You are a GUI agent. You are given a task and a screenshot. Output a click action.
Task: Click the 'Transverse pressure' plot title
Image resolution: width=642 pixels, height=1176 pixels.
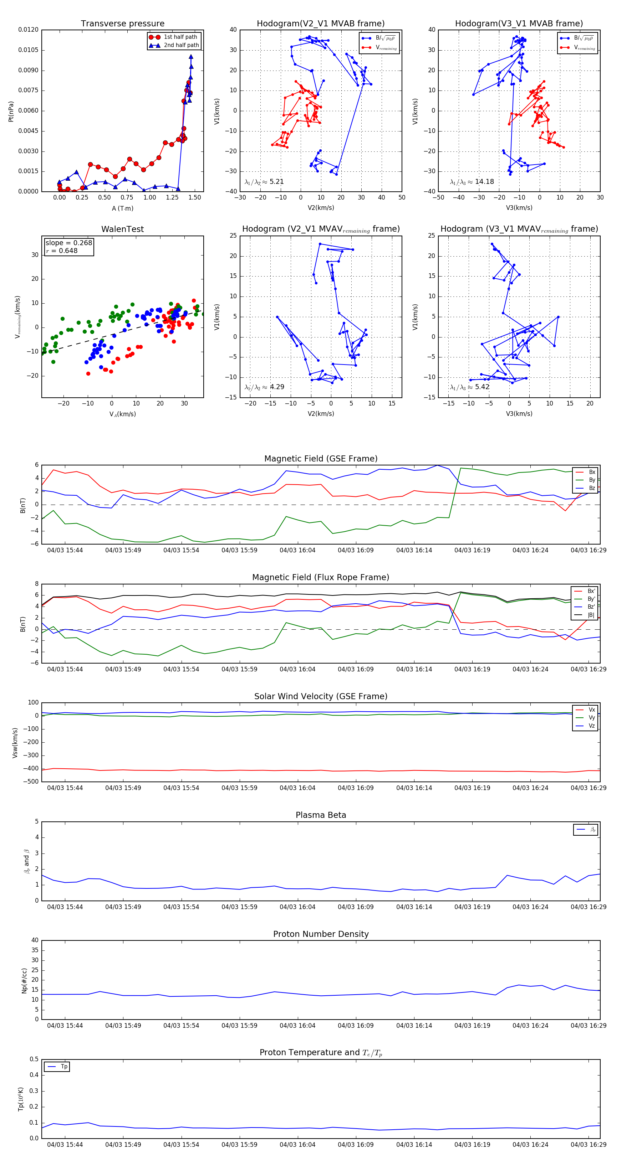(122, 24)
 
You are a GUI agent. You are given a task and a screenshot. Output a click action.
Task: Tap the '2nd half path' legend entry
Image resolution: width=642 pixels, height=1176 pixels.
(181, 45)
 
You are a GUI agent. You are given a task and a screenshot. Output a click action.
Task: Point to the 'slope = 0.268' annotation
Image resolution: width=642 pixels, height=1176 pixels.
(68, 243)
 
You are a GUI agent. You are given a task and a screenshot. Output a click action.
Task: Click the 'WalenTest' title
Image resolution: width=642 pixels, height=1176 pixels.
(122, 229)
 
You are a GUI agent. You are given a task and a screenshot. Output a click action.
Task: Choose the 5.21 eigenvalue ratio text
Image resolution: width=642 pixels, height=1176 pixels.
(276, 182)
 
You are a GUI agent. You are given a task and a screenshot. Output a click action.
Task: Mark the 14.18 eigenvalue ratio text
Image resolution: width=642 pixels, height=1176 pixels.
(484, 182)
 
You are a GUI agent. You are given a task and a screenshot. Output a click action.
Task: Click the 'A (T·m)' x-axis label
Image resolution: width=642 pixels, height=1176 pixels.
(122, 208)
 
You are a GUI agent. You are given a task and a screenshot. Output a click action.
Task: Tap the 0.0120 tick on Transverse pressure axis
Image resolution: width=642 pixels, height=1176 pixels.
(28, 30)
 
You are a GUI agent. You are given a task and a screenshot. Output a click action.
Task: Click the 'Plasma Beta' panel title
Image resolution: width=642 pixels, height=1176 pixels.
(321, 815)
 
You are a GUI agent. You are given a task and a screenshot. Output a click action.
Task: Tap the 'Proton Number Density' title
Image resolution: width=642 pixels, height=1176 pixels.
(321, 934)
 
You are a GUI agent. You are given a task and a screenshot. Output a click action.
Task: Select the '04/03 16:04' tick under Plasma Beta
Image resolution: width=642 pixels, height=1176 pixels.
(297, 907)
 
